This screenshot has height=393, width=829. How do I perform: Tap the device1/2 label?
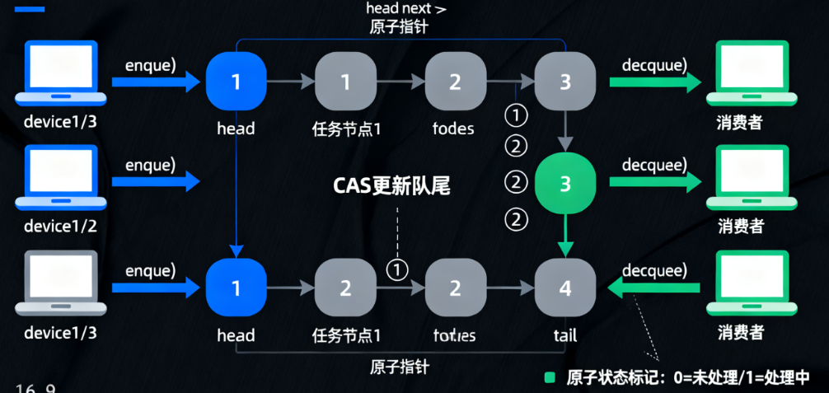click(x=60, y=226)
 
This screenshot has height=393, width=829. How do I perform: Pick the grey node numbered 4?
click(x=564, y=288)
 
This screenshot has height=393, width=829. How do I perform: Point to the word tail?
click(x=564, y=335)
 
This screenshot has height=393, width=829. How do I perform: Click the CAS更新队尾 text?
click(x=391, y=185)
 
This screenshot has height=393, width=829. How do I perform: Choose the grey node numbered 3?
click(x=564, y=82)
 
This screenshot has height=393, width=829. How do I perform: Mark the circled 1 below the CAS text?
click(x=397, y=269)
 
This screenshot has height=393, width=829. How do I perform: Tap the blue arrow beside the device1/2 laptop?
click(x=157, y=181)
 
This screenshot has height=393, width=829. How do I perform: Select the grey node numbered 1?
click(x=345, y=82)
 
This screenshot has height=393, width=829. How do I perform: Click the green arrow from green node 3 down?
click(x=564, y=234)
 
